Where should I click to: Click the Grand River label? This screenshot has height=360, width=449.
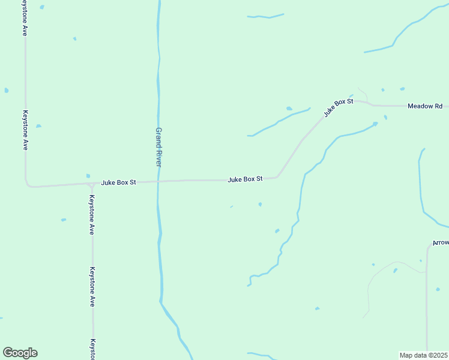pos(158,147)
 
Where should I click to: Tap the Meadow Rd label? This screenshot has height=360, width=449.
pos(424,106)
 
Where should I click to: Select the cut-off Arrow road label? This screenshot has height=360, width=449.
pos(441,243)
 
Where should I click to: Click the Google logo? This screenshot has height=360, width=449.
pos(20,353)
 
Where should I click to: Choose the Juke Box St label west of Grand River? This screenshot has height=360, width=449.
pos(119,182)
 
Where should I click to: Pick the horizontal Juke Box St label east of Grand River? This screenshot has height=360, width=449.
pos(245,179)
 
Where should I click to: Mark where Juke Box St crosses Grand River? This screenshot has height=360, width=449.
pos(158,181)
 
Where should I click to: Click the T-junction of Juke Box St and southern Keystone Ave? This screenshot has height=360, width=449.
pos(91,184)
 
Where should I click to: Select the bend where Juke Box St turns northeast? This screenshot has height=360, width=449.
pos(277,176)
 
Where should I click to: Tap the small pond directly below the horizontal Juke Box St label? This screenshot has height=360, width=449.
pos(260,204)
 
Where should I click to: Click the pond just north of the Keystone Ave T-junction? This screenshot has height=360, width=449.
pos(88,176)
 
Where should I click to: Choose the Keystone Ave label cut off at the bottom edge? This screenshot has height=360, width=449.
pos(93,349)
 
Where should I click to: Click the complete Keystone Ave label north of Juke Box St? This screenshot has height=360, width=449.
pos(25,129)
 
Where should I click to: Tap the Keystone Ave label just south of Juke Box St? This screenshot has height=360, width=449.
pos(92,214)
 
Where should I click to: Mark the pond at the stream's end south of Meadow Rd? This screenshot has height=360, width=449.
pos(375,124)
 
